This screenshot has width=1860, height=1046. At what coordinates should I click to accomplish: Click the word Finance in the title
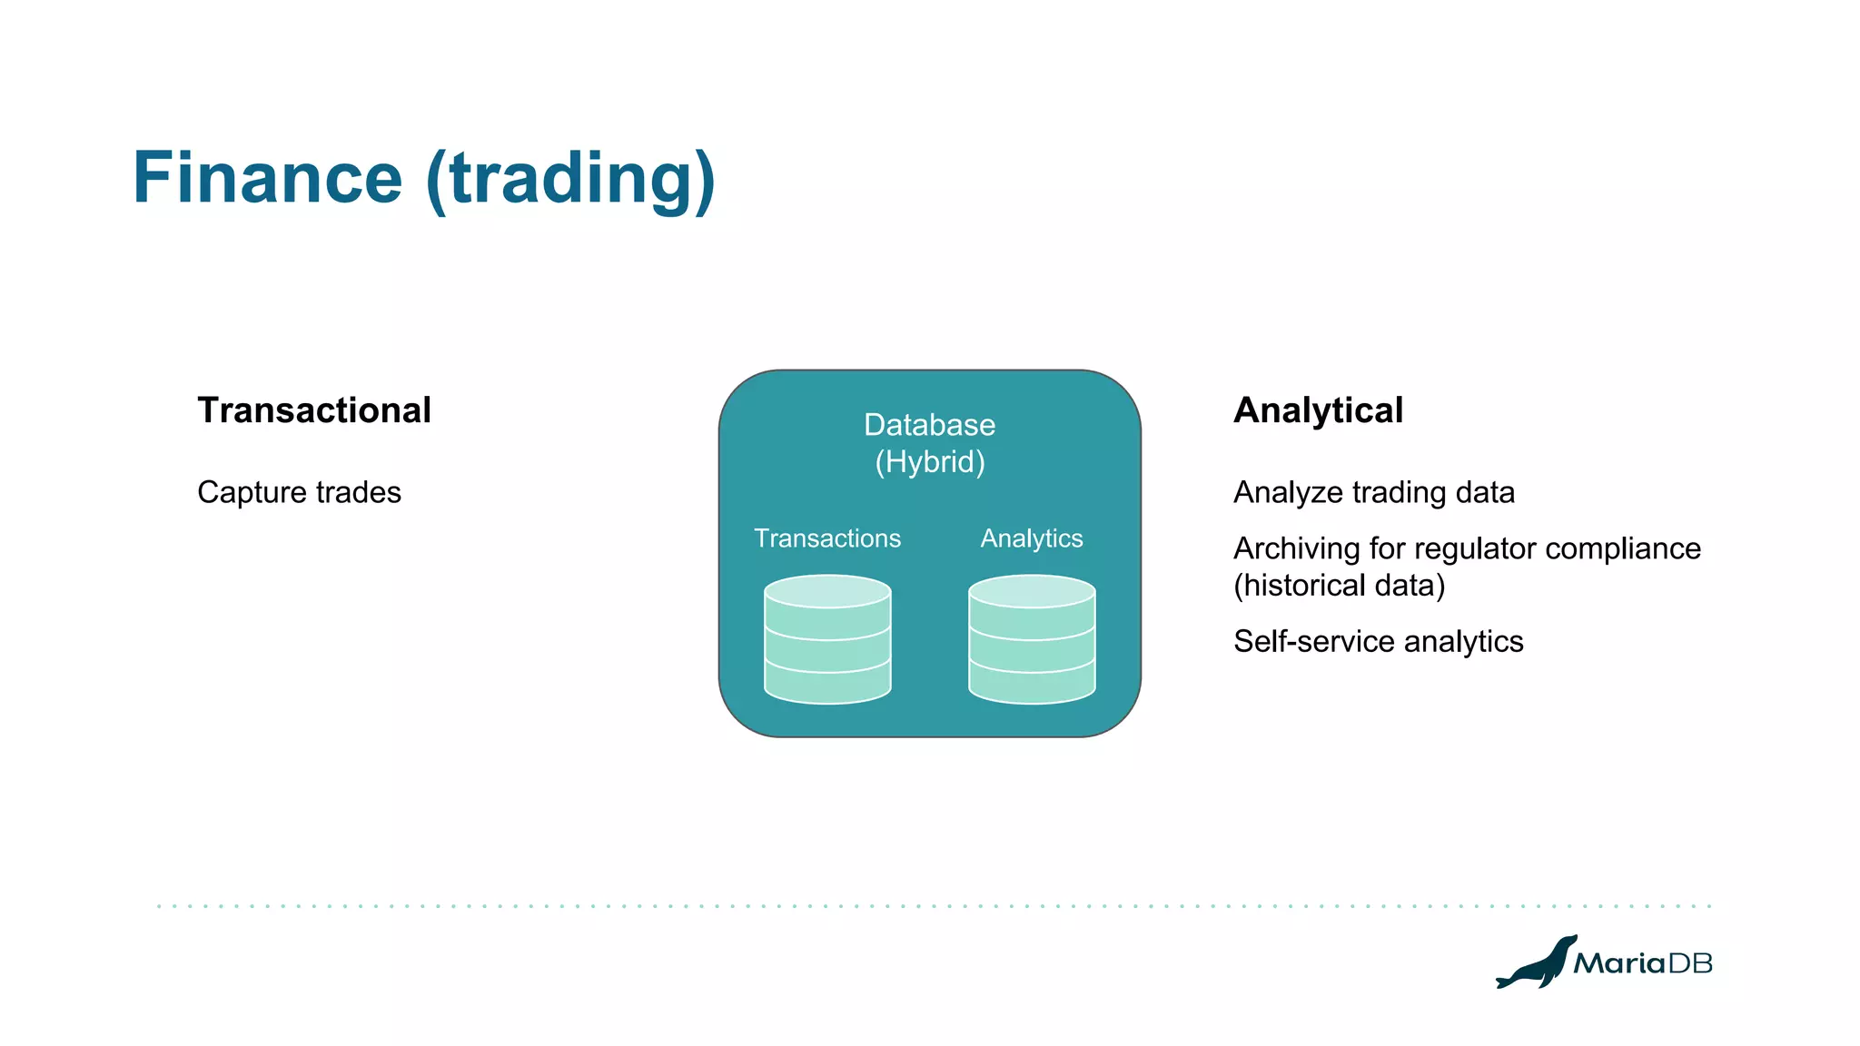(267, 178)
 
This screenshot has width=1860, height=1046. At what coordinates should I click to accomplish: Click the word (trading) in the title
(570, 180)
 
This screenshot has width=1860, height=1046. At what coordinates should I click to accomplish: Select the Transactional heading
(314, 410)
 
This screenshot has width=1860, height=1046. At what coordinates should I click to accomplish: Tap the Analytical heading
(1318, 410)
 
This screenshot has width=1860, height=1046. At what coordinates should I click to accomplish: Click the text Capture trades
(299, 492)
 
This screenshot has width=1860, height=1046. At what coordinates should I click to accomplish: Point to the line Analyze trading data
(1373, 492)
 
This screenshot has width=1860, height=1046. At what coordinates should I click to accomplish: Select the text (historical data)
(1339, 586)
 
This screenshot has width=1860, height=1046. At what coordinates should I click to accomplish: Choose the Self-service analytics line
(1378, 641)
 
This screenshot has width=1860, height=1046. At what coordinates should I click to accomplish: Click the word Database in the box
(929, 425)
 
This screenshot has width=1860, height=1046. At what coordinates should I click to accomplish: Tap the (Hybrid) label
(929, 462)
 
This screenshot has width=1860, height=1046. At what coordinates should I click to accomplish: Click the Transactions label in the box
(827, 538)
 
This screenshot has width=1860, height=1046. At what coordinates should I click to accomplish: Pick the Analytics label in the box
(1032, 538)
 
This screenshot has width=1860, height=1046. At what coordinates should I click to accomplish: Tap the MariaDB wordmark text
(1642, 963)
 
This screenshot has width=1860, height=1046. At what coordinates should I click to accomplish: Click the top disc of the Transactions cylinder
(827, 591)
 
